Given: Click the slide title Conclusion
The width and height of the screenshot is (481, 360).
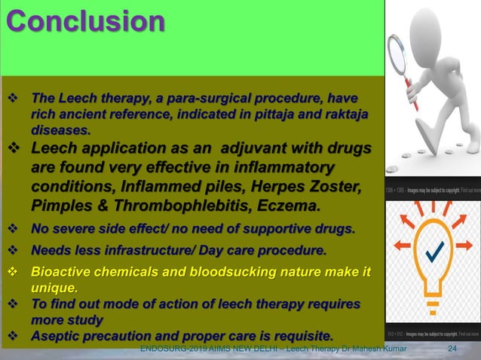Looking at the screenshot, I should coord(84,22).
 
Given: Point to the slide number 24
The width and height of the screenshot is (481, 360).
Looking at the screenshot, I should coord(452,348).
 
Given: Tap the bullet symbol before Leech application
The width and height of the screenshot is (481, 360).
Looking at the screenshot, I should coord(13,148).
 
